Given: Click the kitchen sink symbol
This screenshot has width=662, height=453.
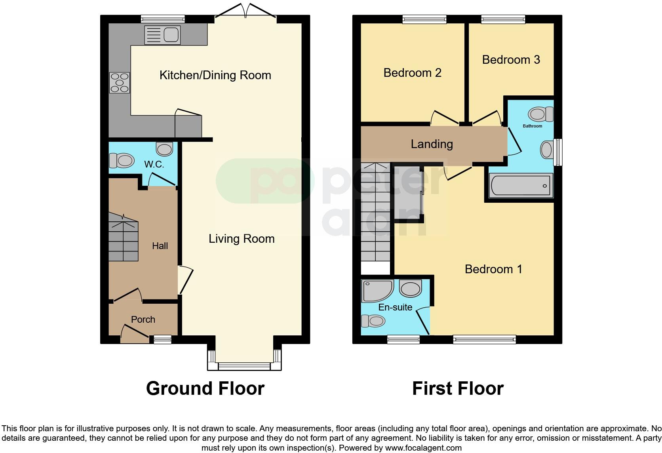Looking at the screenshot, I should pyautogui.click(x=162, y=35).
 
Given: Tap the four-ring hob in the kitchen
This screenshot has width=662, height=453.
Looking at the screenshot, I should pyautogui.click(x=119, y=82).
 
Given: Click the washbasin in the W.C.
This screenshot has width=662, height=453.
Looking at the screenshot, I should pyautogui.click(x=164, y=149).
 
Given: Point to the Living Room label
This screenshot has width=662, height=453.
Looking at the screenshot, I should pyautogui.click(x=242, y=239).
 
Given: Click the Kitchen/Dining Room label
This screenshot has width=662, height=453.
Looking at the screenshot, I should pyautogui.click(x=215, y=75).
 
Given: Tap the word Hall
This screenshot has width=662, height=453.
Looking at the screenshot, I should pyautogui.click(x=160, y=246).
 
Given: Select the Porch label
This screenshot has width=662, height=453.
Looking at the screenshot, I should pyautogui.click(x=143, y=320).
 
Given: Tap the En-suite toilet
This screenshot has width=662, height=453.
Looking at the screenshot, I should pyautogui.click(x=373, y=320).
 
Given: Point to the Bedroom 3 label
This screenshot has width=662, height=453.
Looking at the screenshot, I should pyautogui.click(x=511, y=60).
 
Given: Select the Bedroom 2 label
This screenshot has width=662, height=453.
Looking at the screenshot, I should pyautogui.click(x=412, y=73).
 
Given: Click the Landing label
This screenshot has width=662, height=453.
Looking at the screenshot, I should pyautogui.click(x=432, y=144).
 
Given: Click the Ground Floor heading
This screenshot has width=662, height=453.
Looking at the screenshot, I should pyautogui.click(x=205, y=388).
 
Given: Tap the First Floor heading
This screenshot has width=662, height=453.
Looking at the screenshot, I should pyautogui.click(x=458, y=388).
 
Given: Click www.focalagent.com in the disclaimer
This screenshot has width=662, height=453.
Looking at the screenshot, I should pyautogui.click(x=423, y=448).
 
